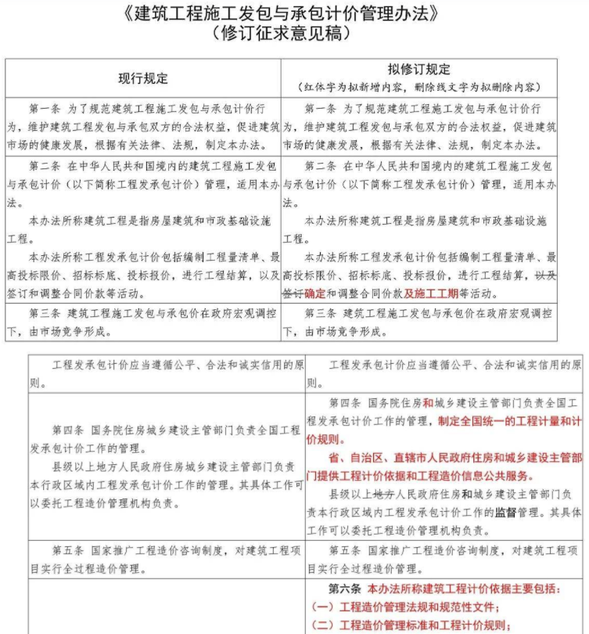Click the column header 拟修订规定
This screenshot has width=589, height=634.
point(418,70)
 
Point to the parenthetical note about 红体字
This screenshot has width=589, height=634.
point(418,86)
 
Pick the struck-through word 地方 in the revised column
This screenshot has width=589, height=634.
point(382,495)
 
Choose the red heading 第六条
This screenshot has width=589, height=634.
point(347,589)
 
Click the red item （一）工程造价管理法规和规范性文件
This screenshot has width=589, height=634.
point(404,607)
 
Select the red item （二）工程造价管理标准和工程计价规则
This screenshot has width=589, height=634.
point(411,625)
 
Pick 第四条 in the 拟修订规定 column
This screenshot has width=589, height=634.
point(348,402)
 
